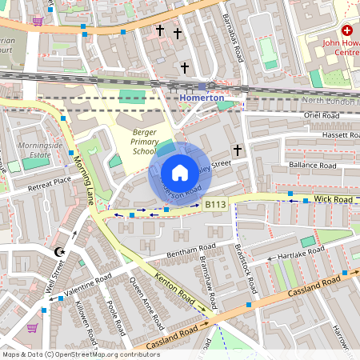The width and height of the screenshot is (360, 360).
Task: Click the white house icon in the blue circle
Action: [x=180, y=173]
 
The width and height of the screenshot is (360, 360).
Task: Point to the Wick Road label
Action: [x=333, y=197]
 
